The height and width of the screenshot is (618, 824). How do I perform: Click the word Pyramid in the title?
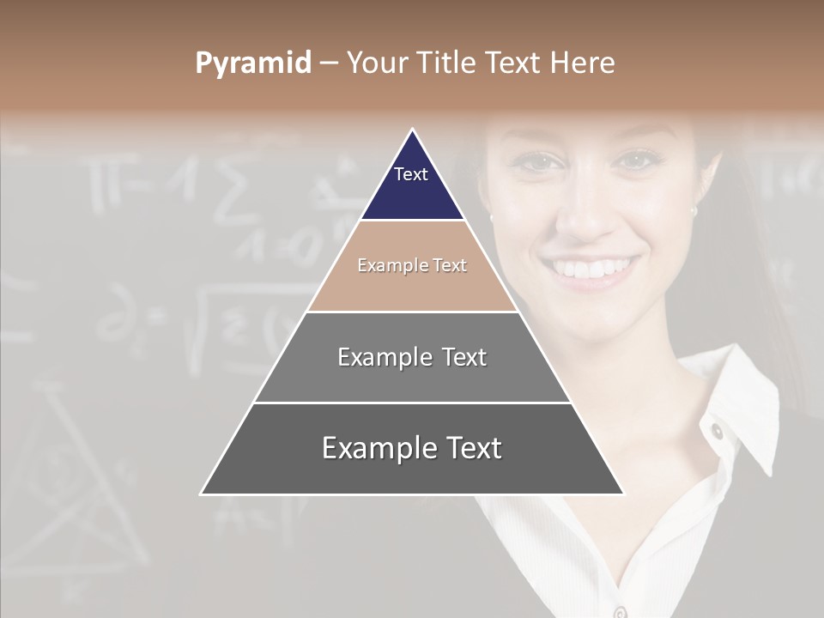click(x=253, y=63)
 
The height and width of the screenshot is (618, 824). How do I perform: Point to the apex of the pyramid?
click(x=412, y=130)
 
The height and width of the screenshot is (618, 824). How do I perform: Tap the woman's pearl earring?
click(x=694, y=210)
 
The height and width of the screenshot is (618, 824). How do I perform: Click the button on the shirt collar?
click(x=717, y=430)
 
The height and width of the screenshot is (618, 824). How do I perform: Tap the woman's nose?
click(x=586, y=215)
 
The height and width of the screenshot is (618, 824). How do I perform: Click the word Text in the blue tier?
click(x=410, y=174)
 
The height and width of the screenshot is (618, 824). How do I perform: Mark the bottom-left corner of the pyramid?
click(x=201, y=494)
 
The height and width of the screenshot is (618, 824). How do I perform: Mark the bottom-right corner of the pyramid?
click(x=623, y=494)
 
